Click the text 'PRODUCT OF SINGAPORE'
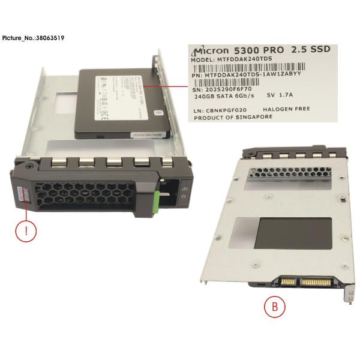tap(230, 117)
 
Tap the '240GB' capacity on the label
tap(201, 95)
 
